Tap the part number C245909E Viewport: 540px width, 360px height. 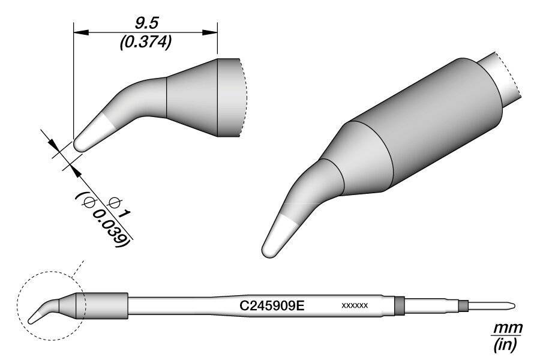pyautogui.click(x=273, y=305)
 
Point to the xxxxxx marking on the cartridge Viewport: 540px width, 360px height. pyautogui.click(x=354, y=306)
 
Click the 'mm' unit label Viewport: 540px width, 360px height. pyautogui.click(x=508, y=329)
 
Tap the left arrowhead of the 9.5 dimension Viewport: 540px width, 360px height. pyautogui.click(x=78, y=32)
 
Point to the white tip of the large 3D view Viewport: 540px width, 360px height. pyautogui.click(x=277, y=236)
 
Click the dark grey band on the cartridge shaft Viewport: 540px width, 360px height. pyautogui.click(x=399, y=305)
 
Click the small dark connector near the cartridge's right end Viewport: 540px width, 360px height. pyautogui.click(x=463, y=305)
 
